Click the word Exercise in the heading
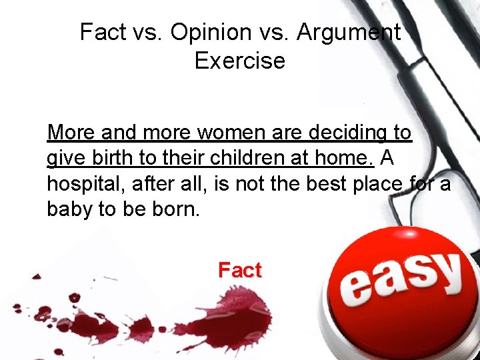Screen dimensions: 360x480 click(240, 61)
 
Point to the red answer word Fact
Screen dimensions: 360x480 click(240, 270)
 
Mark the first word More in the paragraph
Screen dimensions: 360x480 click(71, 133)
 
